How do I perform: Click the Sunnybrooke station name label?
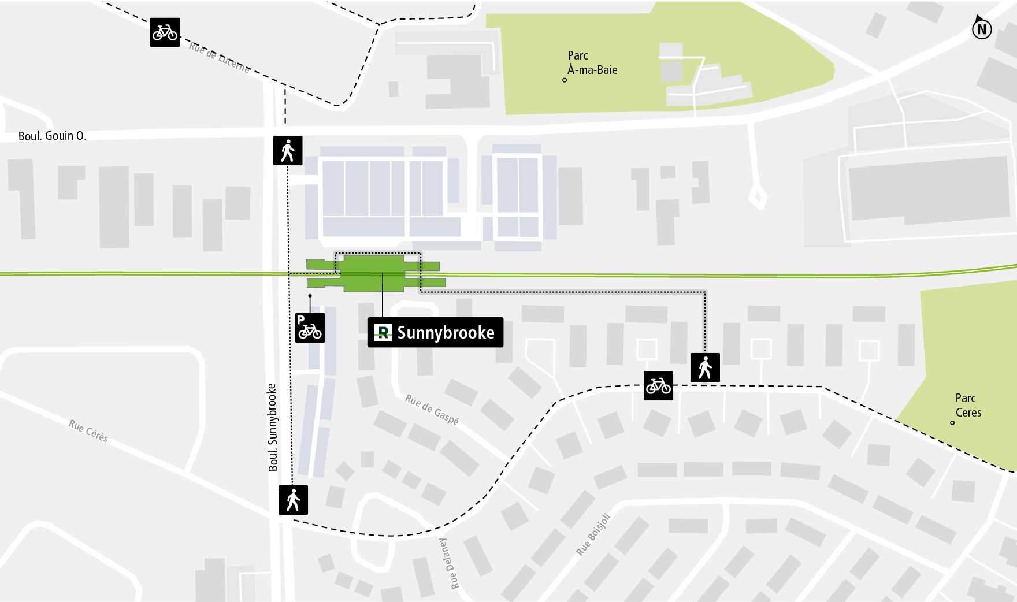(x=445, y=333)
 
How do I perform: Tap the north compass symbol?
(x=981, y=28)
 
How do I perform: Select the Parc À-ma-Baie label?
(x=592, y=63)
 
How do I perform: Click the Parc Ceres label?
(x=968, y=405)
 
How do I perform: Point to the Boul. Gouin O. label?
(x=52, y=136)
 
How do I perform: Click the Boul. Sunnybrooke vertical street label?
(x=273, y=428)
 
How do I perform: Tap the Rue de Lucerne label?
(x=220, y=57)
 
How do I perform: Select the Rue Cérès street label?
(x=88, y=431)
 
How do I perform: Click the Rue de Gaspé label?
(x=432, y=409)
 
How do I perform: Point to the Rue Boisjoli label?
(x=593, y=534)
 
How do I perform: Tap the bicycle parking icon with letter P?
(x=310, y=328)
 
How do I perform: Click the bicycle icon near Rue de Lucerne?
(x=165, y=32)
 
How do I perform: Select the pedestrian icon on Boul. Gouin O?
(x=288, y=150)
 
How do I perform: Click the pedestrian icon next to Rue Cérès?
(x=293, y=500)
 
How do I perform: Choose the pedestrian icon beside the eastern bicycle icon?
(x=705, y=367)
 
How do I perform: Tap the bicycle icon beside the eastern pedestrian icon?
(x=658, y=385)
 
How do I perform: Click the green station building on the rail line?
(x=373, y=273)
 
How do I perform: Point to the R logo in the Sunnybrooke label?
(x=383, y=333)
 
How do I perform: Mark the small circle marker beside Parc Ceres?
(x=952, y=423)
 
